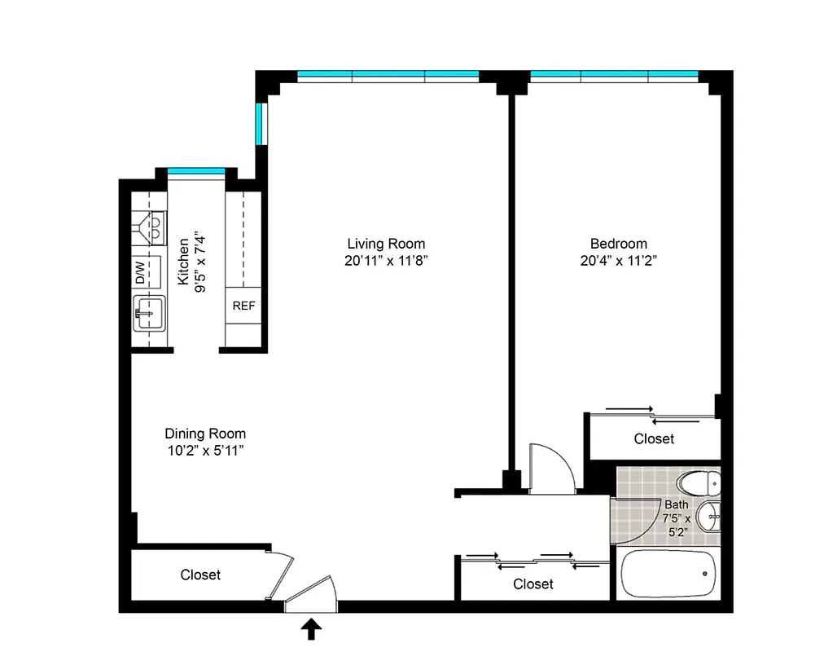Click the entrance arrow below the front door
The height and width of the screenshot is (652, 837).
click(x=311, y=628)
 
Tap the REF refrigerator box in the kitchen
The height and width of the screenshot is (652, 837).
click(x=243, y=306)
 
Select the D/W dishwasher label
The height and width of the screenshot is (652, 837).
click(x=140, y=271)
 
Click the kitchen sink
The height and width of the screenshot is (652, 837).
click(x=149, y=313)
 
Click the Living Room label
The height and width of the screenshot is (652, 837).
click(x=386, y=244)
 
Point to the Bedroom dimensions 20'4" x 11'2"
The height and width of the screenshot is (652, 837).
click(x=618, y=261)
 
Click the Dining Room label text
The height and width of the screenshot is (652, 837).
click(x=205, y=434)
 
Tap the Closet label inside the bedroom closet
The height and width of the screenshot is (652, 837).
click(x=654, y=438)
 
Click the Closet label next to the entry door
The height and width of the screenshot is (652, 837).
click(x=200, y=575)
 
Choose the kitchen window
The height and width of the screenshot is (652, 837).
click(x=196, y=170)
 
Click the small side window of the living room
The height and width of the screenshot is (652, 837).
click(x=260, y=123)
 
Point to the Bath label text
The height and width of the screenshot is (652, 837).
click(x=676, y=504)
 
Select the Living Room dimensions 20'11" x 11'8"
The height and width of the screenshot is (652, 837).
click(x=386, y=261)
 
